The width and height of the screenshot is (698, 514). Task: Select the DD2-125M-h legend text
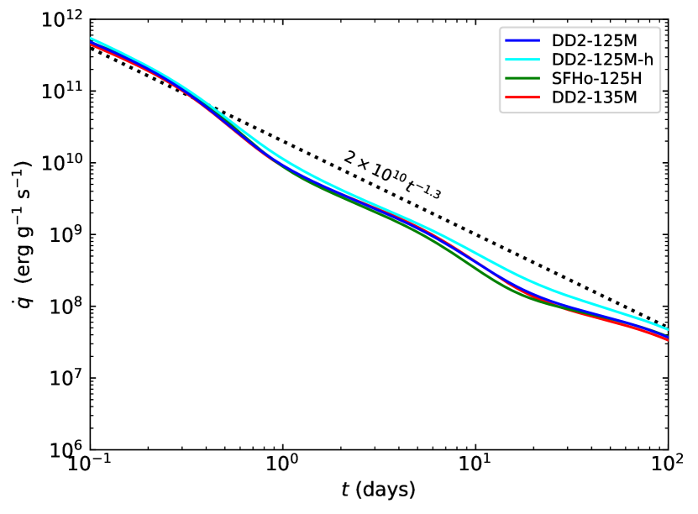click(602, 60)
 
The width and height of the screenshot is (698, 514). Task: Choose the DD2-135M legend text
click(594, 98)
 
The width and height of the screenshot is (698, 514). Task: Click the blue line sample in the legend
click(522, 40)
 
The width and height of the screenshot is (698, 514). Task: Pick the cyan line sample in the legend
click(522, 60)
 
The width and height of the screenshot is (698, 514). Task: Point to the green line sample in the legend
click(522, 79)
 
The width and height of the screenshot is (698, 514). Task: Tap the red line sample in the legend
click(522, 98)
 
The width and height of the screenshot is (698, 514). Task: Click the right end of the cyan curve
click(667, 329)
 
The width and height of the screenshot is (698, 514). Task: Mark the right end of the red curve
click(667, 339)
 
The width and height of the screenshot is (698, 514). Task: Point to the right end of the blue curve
click(667, 336)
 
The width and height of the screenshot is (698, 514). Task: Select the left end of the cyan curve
click(91, 38)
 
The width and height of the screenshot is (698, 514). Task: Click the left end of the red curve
click(91, 45)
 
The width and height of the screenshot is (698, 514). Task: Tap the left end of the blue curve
click(91, 41)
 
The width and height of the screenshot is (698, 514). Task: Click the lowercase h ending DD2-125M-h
click(648, 60)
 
